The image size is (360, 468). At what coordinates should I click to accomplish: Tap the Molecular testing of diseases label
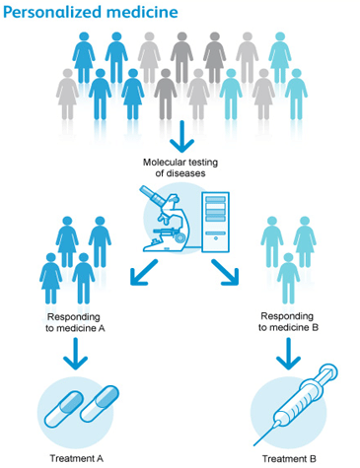click(180, 167)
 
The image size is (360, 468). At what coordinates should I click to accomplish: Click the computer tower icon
click(216, 222)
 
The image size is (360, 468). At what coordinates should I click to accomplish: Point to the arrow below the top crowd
click(182, 137)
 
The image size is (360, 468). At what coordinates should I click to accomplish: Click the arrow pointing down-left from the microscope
click(144, 272)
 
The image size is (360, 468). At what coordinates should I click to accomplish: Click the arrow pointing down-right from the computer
click(225, 272)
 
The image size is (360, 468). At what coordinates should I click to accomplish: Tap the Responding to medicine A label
click(75, 322)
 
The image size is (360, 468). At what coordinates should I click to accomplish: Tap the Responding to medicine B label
click(288, 322)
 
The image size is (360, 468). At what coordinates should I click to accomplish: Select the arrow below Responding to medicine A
click(76, 354)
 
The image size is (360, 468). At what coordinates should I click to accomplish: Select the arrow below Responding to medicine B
click(288, 354)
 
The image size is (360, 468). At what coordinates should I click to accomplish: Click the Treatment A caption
click(77, 458)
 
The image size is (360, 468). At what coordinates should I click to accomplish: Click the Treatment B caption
click(289, 458)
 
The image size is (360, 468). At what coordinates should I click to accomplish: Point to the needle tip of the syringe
click(254, 445)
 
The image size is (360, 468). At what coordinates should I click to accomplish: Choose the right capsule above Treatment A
click(100, 404)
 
